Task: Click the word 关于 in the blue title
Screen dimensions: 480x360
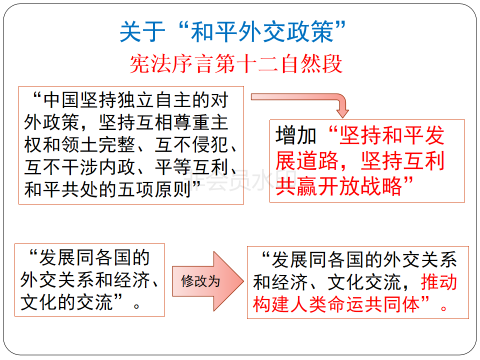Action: [x=142, y=31]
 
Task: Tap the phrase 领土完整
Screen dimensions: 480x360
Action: [x=98, y=145]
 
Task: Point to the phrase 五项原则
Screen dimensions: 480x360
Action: [x=154, y=189]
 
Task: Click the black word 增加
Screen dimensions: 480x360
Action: [x=295, y=135]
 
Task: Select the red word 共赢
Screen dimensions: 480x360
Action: [x=296, y=186]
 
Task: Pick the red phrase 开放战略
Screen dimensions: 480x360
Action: [x=360, y=186]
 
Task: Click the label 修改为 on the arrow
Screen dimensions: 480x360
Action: [x=200, y=281]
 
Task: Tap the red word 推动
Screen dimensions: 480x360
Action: [x=438, y=281]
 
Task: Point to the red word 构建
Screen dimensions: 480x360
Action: [x=271, y=304]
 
